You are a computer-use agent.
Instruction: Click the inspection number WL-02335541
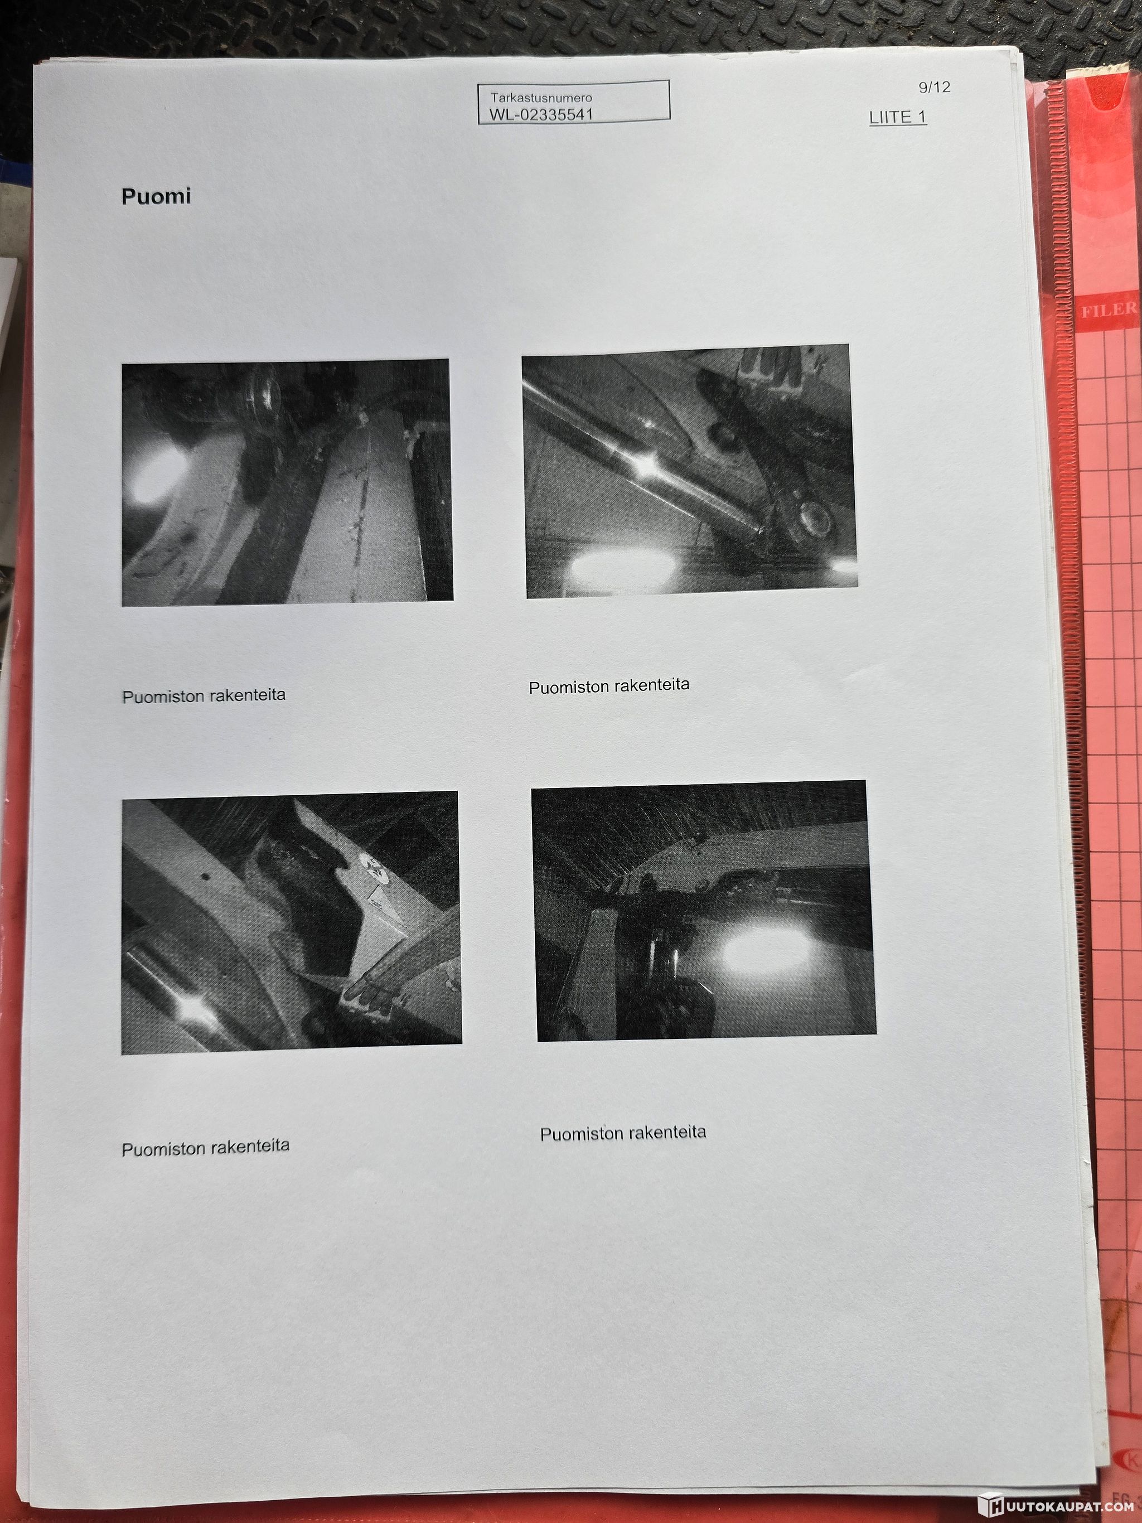click(541, 114)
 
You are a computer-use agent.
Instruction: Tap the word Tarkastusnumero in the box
click(541, 97)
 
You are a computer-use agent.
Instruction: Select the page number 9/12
click(934, 88)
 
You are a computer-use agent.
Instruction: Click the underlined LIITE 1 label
click(898, 117)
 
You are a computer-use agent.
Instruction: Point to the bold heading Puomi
click(156, 196)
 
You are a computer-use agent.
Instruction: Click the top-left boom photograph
click(287, 482)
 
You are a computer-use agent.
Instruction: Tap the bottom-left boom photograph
click(291, 922)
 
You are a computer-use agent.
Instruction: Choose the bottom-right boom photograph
click(704, 910)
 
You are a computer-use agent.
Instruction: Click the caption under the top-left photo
click(204, 695)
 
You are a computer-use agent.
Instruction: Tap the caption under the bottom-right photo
click(623, 1133)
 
